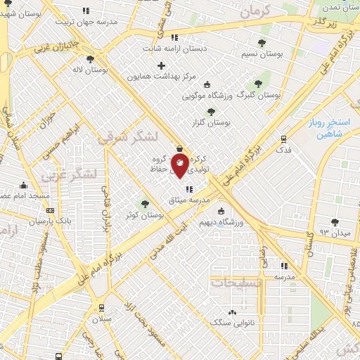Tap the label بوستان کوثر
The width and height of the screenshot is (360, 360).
pos(141,216)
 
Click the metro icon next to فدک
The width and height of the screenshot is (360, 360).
pos(283,139)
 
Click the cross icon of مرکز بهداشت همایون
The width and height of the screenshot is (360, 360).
pos(162,65)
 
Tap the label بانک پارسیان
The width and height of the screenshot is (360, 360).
pos(51,220)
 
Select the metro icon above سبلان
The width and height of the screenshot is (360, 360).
pos(102,307)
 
